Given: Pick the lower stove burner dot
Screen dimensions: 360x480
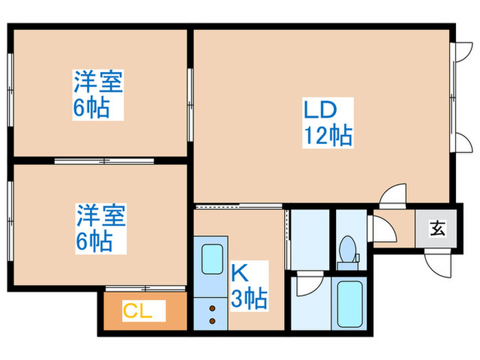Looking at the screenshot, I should pyautogui.click(x=212, y=321).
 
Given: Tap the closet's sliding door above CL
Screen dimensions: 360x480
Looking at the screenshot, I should pyautogui.click(x=145, y=288).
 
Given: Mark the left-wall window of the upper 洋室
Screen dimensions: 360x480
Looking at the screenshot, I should pyautogui.click(x=10, y=90).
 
